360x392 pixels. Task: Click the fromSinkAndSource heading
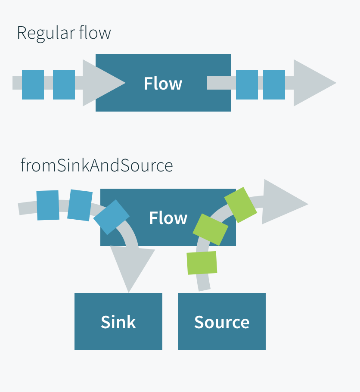pos(96,165)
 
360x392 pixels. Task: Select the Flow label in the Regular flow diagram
pos(163,84)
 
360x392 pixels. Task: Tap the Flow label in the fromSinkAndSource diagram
pos(168,218)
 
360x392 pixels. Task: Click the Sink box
pos(118,322)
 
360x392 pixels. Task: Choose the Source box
pos(222,322)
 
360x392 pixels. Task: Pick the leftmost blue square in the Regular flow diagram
pos(33,84)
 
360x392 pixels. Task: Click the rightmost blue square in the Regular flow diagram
pos(274,84)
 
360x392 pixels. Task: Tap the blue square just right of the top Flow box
pos(247,84)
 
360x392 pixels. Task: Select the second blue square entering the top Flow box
pos(64,84)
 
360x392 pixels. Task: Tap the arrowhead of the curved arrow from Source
pos(282,202)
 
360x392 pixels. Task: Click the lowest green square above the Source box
pos(202,263)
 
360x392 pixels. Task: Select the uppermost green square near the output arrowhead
pos(240,205)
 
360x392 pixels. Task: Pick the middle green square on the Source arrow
pos(210,230)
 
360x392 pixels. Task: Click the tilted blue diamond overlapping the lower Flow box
pos(111,217)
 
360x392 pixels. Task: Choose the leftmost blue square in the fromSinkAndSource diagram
pos(48,205)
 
